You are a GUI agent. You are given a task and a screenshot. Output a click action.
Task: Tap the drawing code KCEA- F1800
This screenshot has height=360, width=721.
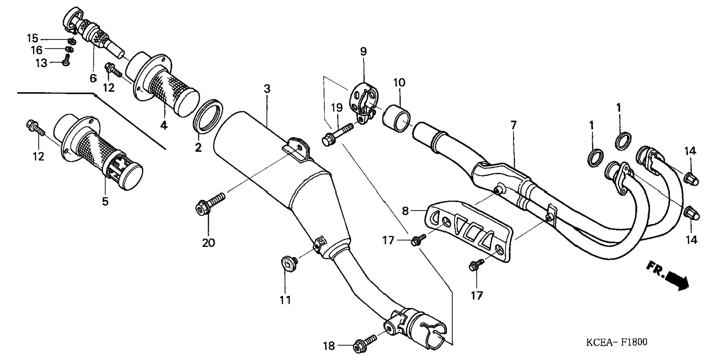click(617, 342)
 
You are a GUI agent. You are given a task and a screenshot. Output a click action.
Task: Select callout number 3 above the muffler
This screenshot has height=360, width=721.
click(267, 89)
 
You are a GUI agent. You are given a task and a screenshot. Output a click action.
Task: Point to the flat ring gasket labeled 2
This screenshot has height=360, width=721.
click(208, 116)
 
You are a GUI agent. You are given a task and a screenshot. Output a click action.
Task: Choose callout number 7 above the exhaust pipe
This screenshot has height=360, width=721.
click(514, 125)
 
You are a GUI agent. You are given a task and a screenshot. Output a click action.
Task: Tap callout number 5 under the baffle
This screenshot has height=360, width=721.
click(105, 201)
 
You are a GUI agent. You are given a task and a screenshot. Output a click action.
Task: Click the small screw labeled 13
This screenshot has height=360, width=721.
click(67, 60)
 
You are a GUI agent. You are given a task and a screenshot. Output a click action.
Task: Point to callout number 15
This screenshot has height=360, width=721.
click(32, 38)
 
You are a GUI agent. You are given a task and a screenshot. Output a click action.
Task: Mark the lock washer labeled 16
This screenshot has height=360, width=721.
click(69, 49)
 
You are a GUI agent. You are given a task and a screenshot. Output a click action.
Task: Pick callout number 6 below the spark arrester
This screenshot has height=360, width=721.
click(93, 78)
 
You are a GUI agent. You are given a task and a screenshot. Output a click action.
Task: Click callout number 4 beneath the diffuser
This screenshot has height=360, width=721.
click(164, 125)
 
